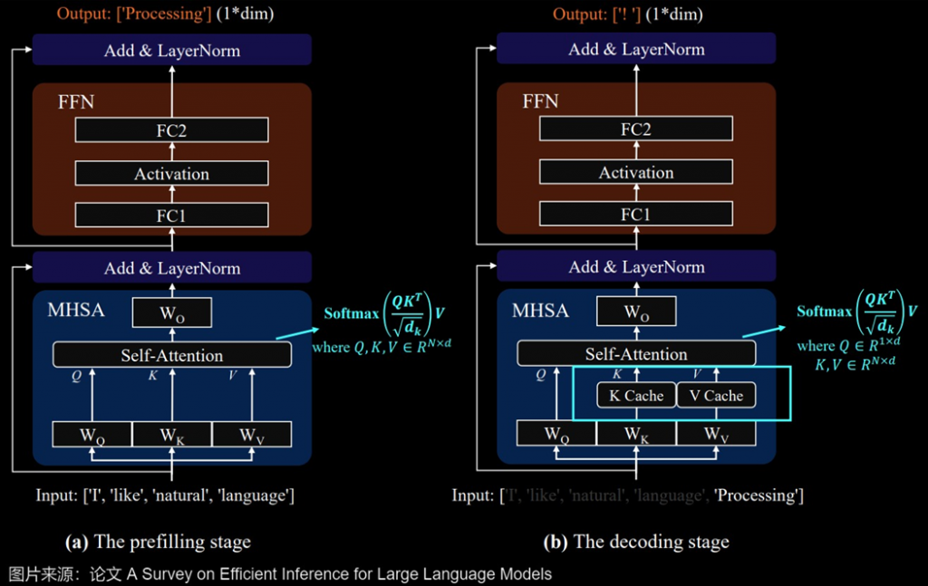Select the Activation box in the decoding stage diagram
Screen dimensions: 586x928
coord(635,172)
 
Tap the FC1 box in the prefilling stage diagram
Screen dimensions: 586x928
coord(171,215)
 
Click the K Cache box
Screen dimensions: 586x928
coord(635,395)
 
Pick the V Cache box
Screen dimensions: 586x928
coord(716,395)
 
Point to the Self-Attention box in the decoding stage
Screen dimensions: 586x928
coord(635,354)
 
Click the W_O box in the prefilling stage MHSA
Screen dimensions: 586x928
coord(171,313)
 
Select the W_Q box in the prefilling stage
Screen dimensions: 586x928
coord(92,435)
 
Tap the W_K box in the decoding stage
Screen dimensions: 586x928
coord(635,435)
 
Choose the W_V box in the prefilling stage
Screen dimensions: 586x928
coord(252,435)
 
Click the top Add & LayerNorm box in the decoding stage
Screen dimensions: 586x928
coord(635,50)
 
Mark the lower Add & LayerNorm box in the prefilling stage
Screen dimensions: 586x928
coord(171,268)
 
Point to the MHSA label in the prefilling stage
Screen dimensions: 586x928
coord(76,311)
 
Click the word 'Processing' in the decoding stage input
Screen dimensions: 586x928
coord(758,495)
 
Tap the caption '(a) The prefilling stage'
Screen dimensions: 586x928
coord(158,543)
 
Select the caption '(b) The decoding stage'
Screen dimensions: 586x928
coord(635,543)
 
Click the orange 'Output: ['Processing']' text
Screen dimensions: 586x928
coord(134,14)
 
